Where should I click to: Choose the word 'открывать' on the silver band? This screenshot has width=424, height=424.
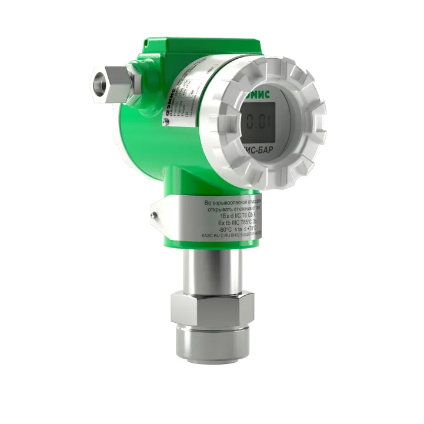[223, 209]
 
